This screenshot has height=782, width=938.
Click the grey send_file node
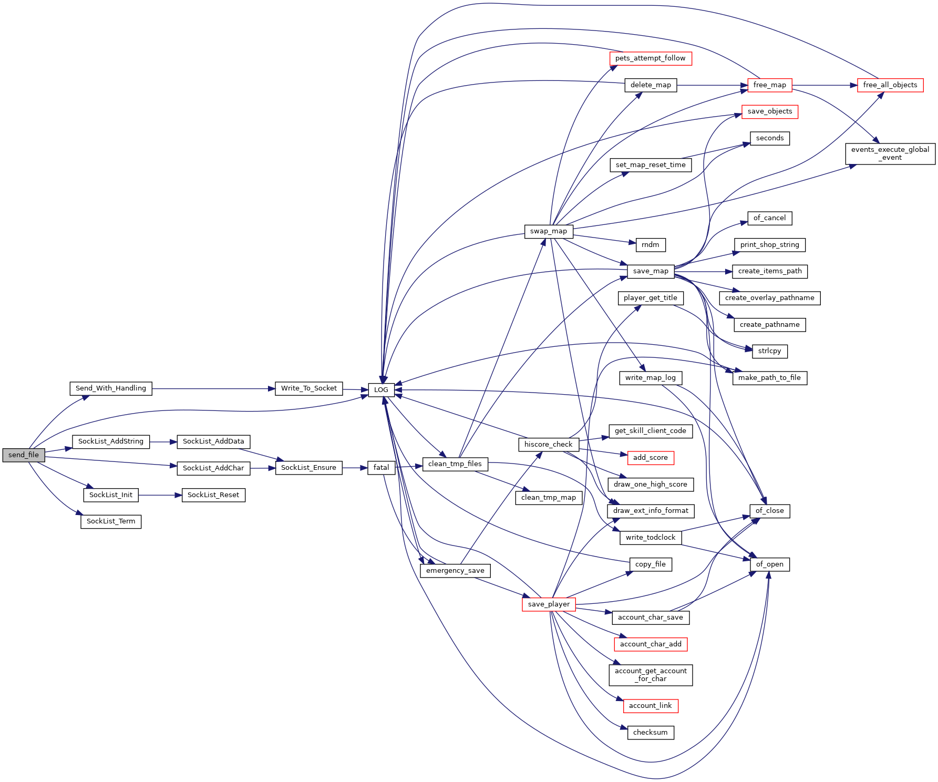24,455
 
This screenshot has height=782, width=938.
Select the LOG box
381,390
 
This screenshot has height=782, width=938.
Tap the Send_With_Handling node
111,388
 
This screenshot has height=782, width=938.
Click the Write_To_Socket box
309,388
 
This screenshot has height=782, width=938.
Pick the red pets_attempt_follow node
651,58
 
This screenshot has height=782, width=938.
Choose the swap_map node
549,231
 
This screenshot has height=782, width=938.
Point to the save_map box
651,271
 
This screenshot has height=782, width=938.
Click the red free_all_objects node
890,85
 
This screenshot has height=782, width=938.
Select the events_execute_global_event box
890,153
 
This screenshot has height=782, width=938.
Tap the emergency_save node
455,571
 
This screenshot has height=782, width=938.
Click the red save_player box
549,604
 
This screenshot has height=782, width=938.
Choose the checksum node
651,733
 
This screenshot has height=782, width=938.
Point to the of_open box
770,564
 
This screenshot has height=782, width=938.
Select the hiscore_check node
549,445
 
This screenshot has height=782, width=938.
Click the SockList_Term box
111,521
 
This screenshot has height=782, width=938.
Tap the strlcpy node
770,351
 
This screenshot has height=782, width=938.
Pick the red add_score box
651,458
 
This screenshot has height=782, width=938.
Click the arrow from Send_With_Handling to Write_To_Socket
213,388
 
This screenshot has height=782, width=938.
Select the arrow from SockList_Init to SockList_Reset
160,495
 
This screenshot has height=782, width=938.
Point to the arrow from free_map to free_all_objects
825,85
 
